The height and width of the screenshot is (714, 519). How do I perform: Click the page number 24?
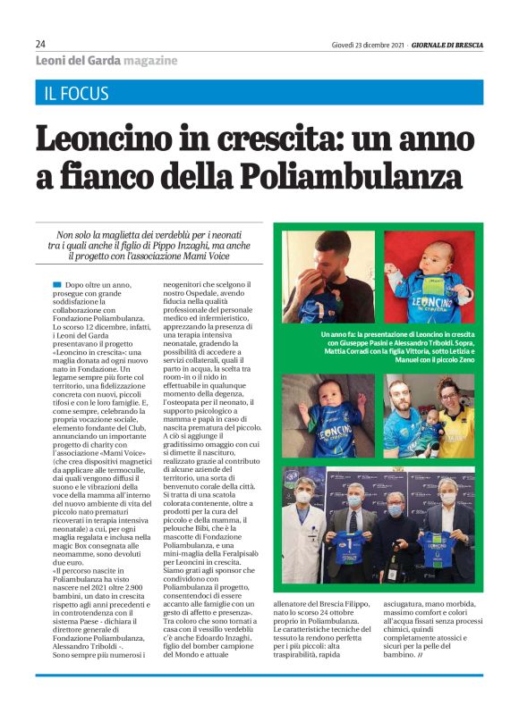[x=41, y=44]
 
